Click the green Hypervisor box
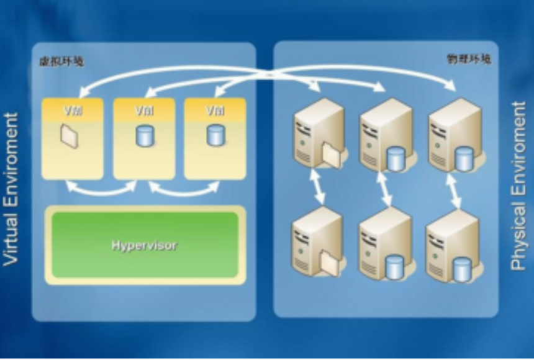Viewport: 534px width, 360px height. (145, 245)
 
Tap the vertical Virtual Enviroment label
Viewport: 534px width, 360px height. (11, 189)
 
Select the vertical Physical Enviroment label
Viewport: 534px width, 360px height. (519, 186)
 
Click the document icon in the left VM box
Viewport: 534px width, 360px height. (70, 135)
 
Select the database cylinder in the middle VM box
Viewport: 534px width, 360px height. (144, 135)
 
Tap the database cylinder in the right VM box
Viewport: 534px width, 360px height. (215, 135)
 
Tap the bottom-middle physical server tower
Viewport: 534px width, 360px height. (384, 242)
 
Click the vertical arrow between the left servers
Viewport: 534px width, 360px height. (319, 187)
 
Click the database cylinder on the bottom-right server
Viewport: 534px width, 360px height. (461, 269)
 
